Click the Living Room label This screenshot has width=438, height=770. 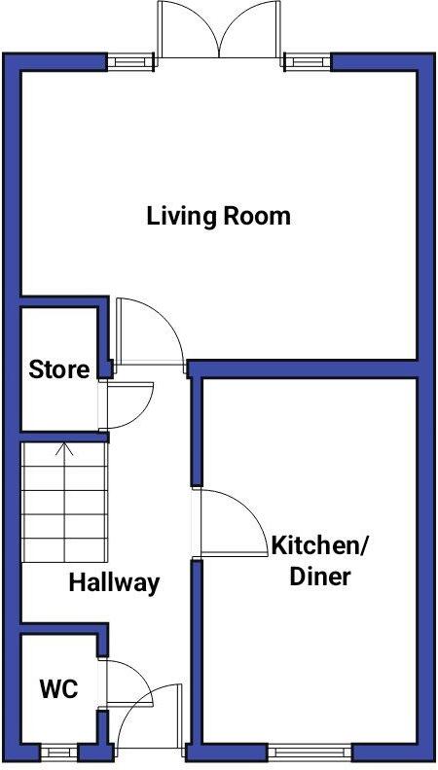tap(218, 215)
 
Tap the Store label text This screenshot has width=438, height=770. tap(58, 369)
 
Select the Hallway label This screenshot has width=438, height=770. tap(113, 583)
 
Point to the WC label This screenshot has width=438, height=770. tap(58, 689)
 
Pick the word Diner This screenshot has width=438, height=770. tap(321, 577)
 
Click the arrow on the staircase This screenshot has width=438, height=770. tap(64, 451)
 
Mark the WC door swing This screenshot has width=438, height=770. tap(125, 681)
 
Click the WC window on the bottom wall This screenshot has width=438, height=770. tap(58, 752)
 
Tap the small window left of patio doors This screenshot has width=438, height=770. tap(124, 61)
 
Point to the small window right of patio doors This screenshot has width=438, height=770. tap(308, 61)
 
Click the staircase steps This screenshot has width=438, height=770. tap(63, 506)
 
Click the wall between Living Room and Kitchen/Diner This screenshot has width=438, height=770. tap(302, 368)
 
